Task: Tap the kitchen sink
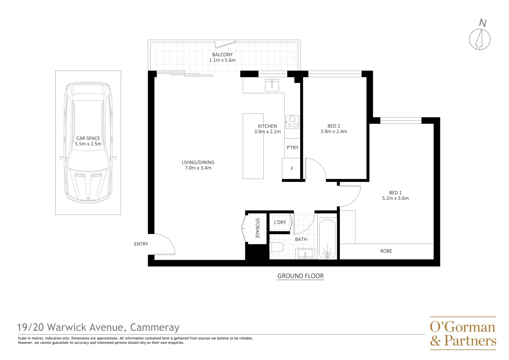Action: pyautogui.click(x=272, y=85)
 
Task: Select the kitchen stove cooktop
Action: pyautogui.click(x=292, y=122)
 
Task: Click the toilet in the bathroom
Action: pyautogui.click(x=277, y=247)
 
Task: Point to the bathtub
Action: pyautogui.click(x=327, y=239)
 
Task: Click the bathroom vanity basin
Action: pyautogui.click(x=305, y=254)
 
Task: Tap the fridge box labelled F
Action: pyautogui.click(x=292, y=169)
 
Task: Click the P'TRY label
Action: pyautogui.click(x=292, y=148)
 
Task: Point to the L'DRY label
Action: pyautogui.click(x=280, y=222)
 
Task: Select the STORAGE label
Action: pyautogui.click(x=257, y=228)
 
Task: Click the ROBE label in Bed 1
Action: pyautogui.click(x=386, y=251)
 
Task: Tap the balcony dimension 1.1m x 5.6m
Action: pyautogui.click(x=222, y=60)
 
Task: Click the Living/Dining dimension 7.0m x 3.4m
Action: pyautogui.click(x=198, y=168)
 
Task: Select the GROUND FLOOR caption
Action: pyautogui.click(x=300, y=276)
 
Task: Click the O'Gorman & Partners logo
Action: pyautogui.click(x=463, y=333)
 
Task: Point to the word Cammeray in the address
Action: pyautogui.click(x=155, y=327)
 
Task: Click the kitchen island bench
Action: pyautogui.click(x=253, y=146)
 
